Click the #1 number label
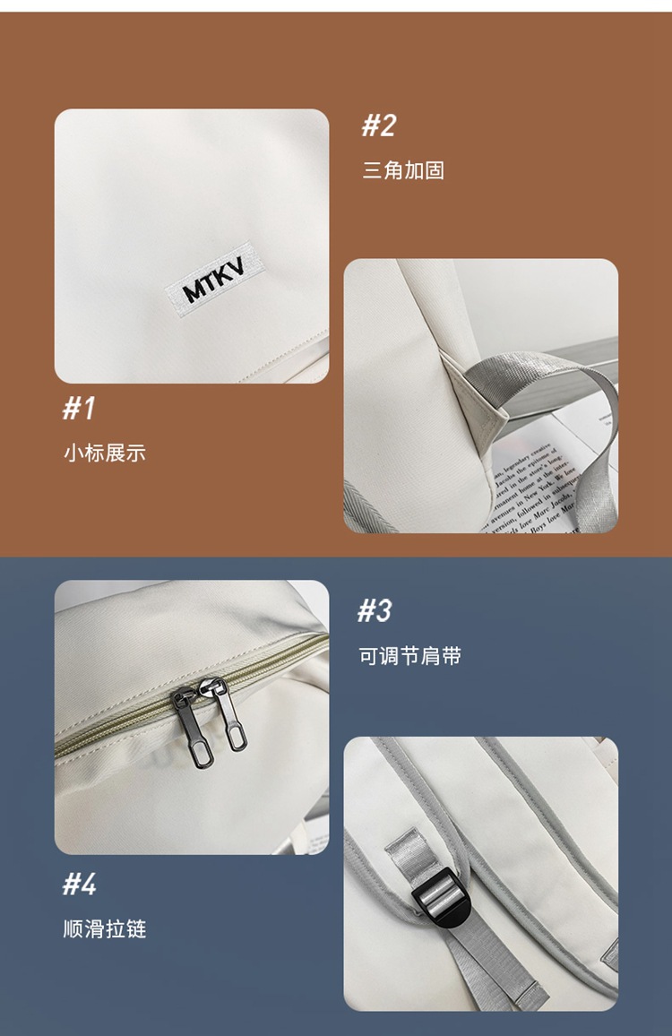tap(79, 409)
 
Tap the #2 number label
tap(378, 126)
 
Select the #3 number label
tap(375, 611)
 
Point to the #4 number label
tap(79, 885)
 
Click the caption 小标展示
tap(104, 453)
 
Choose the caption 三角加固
tap(403, 171)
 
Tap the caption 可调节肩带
tap(410, 657)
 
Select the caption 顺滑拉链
tap(104, 929)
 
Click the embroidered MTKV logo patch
tap(216, 280)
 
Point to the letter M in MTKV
tap(193, 290)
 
